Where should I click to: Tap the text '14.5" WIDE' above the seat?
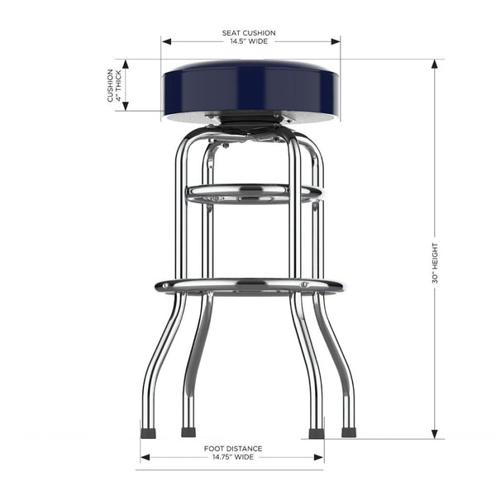pos(249,42)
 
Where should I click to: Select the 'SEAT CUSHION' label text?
pos(249,33)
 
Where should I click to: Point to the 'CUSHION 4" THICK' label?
pos(114,85)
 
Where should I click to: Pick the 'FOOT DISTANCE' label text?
pos(232,448)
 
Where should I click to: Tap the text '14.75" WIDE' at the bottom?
pos(232,456)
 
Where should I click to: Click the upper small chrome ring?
pos(252,194)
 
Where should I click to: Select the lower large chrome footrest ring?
pos(249,286)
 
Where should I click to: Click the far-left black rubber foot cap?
pos(148,432)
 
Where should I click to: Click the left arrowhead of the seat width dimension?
pos(165,41)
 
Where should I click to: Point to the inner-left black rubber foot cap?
pos(188,432)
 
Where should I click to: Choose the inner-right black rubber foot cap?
pos(315,432)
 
